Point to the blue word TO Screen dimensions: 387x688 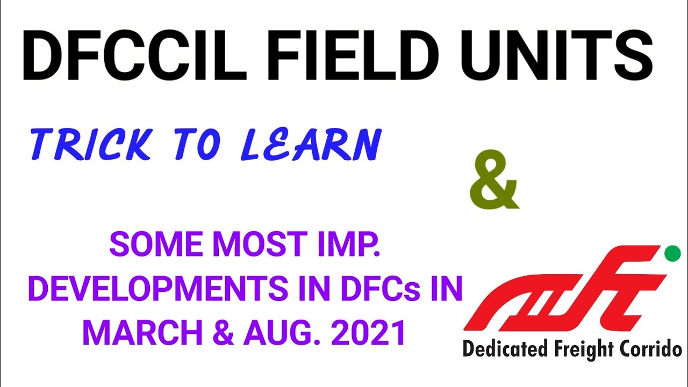(197, 146)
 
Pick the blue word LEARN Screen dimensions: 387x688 (310, 146)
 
